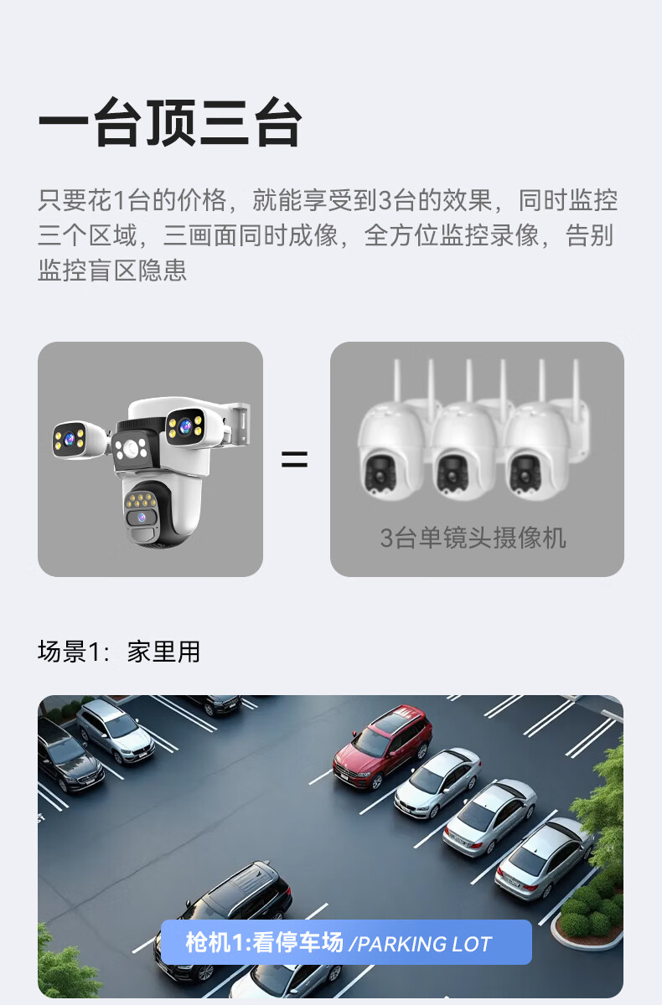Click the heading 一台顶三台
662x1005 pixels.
click(170, 122)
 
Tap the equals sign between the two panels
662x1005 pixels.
click(294, 460)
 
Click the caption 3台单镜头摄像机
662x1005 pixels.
click(473, 538)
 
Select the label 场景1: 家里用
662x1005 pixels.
click(119, 652)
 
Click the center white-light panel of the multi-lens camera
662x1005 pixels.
click(131, 449)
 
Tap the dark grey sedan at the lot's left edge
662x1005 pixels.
click(67, 754)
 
